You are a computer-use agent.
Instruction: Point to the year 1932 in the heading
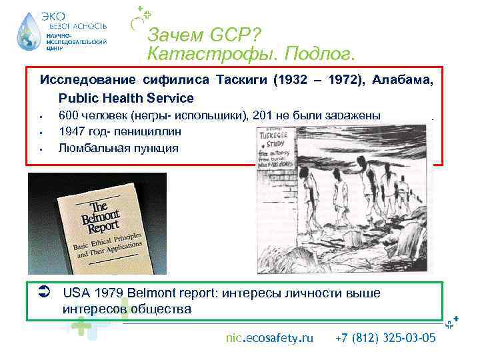click(288, 81)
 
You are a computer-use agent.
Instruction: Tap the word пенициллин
click(147, 131)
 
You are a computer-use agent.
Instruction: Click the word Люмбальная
click(89, 147)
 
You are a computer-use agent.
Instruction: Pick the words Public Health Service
click(127, 98)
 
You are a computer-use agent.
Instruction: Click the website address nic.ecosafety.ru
click(269, 339)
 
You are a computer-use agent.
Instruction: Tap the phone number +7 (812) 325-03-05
click(386, 339)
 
